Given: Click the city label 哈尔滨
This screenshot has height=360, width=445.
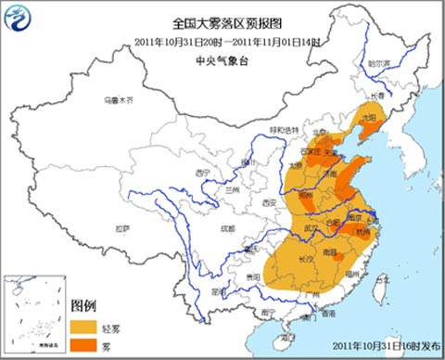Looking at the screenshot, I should click(379, 63).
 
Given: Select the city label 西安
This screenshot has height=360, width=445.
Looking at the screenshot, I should click(269, 202).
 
